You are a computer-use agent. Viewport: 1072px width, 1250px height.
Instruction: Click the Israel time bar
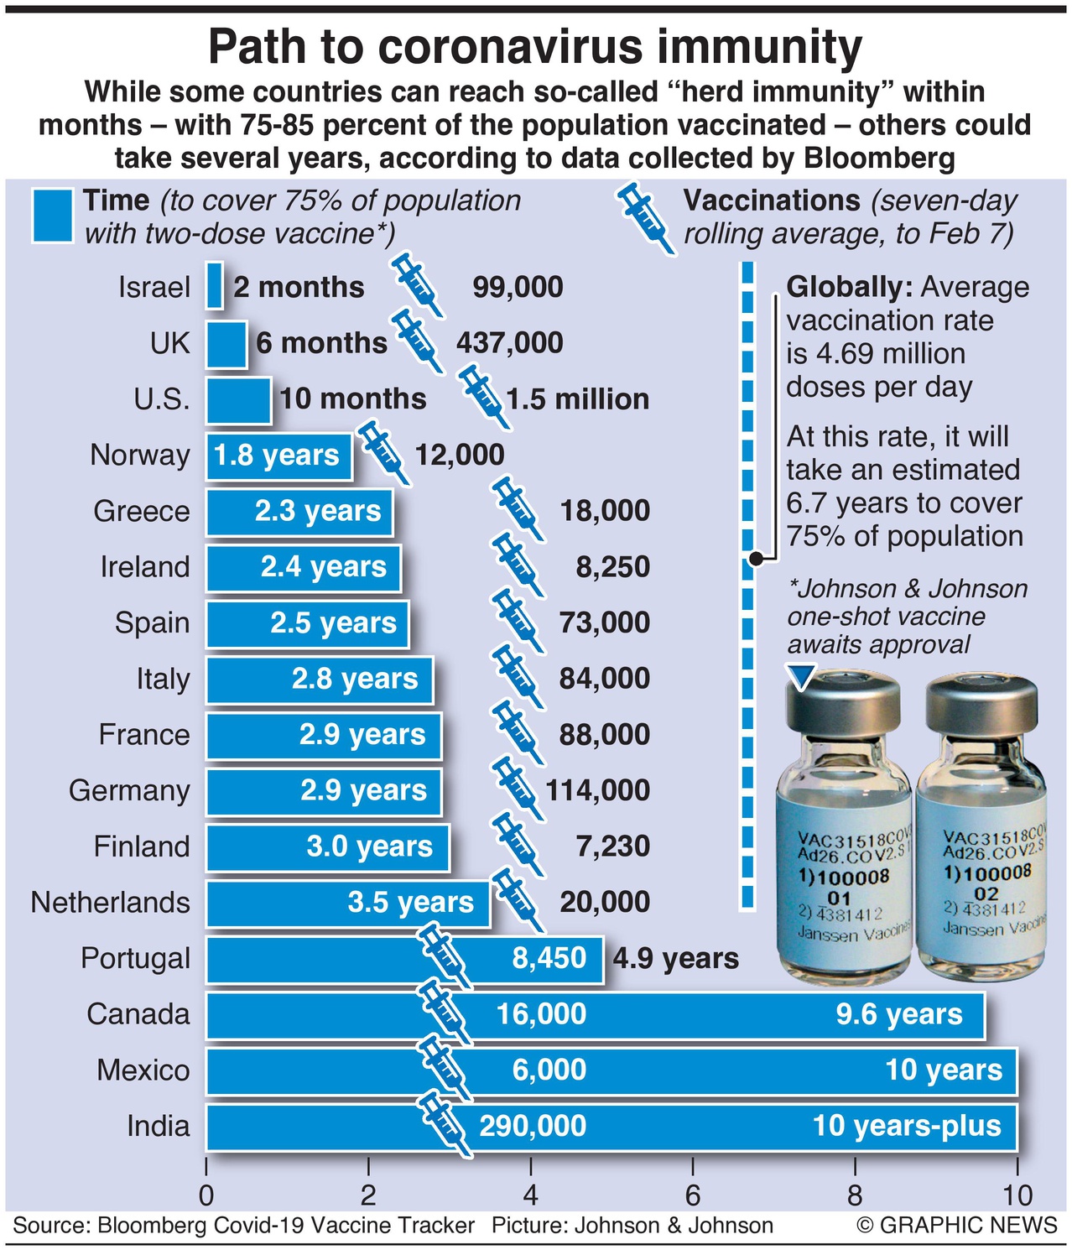click(215, 287)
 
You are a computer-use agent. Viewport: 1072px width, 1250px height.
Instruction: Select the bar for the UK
click(226, 343)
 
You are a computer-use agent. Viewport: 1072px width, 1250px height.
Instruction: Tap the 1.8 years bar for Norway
click(278, 456)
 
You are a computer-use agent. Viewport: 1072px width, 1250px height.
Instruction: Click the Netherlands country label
click(111, 903)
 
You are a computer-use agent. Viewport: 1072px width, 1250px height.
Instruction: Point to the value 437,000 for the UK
click(510, 343)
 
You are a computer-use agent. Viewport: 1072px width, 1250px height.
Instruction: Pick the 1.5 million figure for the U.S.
click(578, 399)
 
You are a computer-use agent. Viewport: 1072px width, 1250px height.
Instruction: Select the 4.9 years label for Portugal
click(676, 959)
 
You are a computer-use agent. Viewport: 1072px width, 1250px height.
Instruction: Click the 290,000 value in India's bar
click(533, 1126)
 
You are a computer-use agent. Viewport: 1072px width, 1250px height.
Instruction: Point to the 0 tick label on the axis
click(206, 1195)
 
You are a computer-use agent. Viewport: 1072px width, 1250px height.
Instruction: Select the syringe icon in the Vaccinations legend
click(646, 219)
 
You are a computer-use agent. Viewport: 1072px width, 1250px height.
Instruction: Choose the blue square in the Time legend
click(53, 216)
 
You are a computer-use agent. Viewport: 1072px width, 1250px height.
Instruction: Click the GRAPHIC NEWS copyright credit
click(957, 1226)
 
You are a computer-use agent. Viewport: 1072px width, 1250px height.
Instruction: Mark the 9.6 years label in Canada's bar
click(899, 1014)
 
